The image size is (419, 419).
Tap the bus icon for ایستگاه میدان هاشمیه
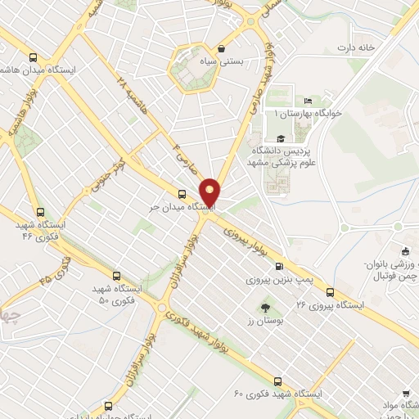click(x=33, y=57)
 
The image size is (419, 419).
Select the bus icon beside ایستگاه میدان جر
click(x=182, y=194)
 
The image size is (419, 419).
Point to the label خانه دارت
click(x=354, y=47)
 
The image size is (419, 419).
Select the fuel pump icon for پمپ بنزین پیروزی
click(x=281, y=266)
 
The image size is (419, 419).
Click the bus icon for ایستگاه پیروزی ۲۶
click(x=330, y=291)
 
